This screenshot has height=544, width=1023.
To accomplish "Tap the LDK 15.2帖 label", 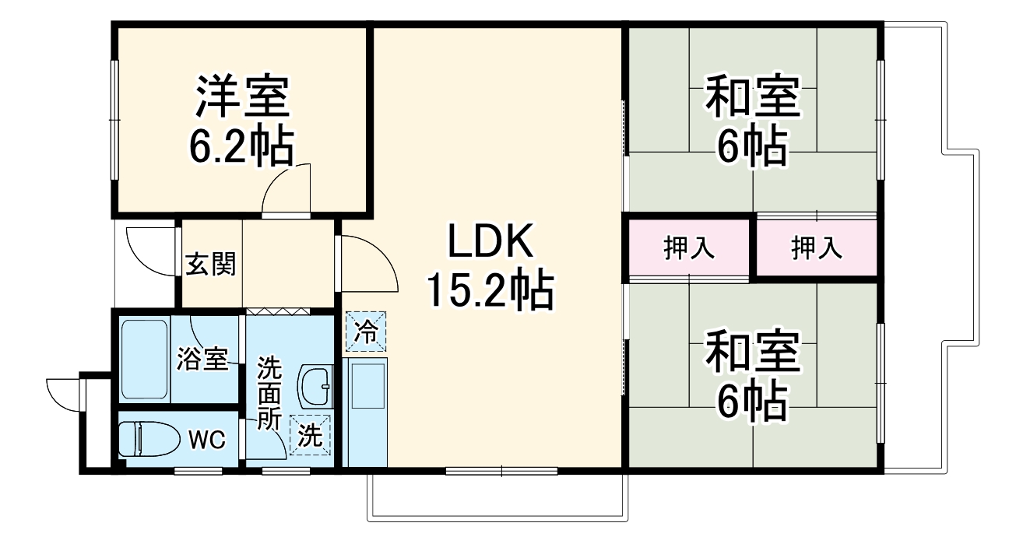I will [x=489, y=267].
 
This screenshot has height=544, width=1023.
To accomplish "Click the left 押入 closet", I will [x=688, y=248].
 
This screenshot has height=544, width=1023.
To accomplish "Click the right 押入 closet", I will [x=817, y=248].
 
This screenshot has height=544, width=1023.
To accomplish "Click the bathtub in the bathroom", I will [x=145, y=359].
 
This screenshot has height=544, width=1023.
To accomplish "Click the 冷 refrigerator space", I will [x=366, y=332].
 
